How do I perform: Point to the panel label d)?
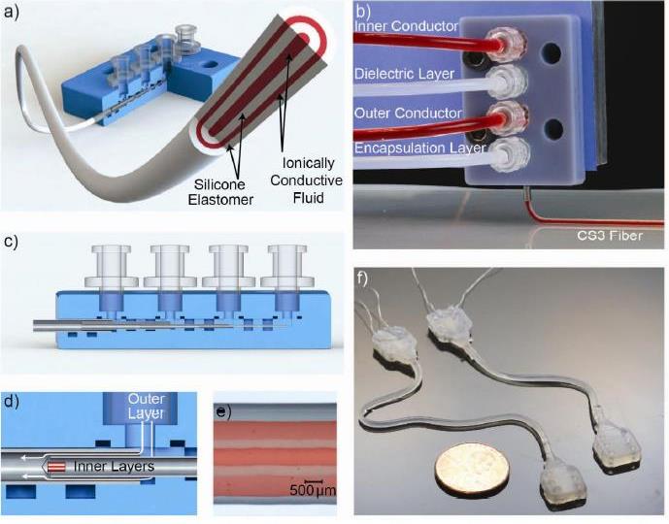(x=11, y=399)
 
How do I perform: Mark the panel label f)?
(x=363, y=276)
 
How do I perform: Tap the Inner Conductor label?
(x=406, y=26)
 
